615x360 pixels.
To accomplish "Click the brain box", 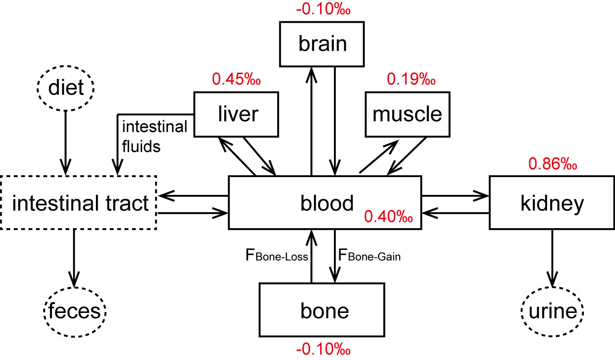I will pos(322,44).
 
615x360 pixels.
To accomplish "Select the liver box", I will pos(236,114).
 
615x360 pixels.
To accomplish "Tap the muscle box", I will pos(407,114).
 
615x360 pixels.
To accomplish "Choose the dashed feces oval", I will pos(75,311).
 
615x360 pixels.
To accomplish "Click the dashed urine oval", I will pos(552,311).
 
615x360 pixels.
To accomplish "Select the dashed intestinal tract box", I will pos(79,203).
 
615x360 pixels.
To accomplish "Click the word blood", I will pos(326,203).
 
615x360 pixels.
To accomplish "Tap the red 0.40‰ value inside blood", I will pos(389,218).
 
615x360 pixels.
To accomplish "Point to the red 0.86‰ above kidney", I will pos(552,164).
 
